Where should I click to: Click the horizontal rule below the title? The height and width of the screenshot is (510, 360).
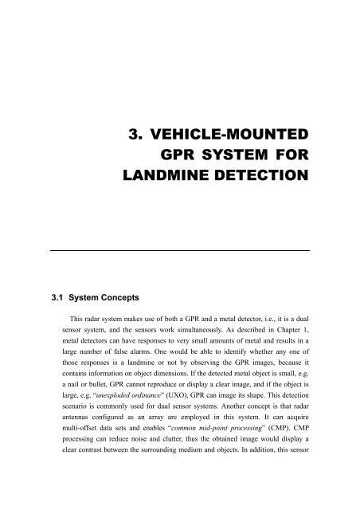(180, 250)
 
